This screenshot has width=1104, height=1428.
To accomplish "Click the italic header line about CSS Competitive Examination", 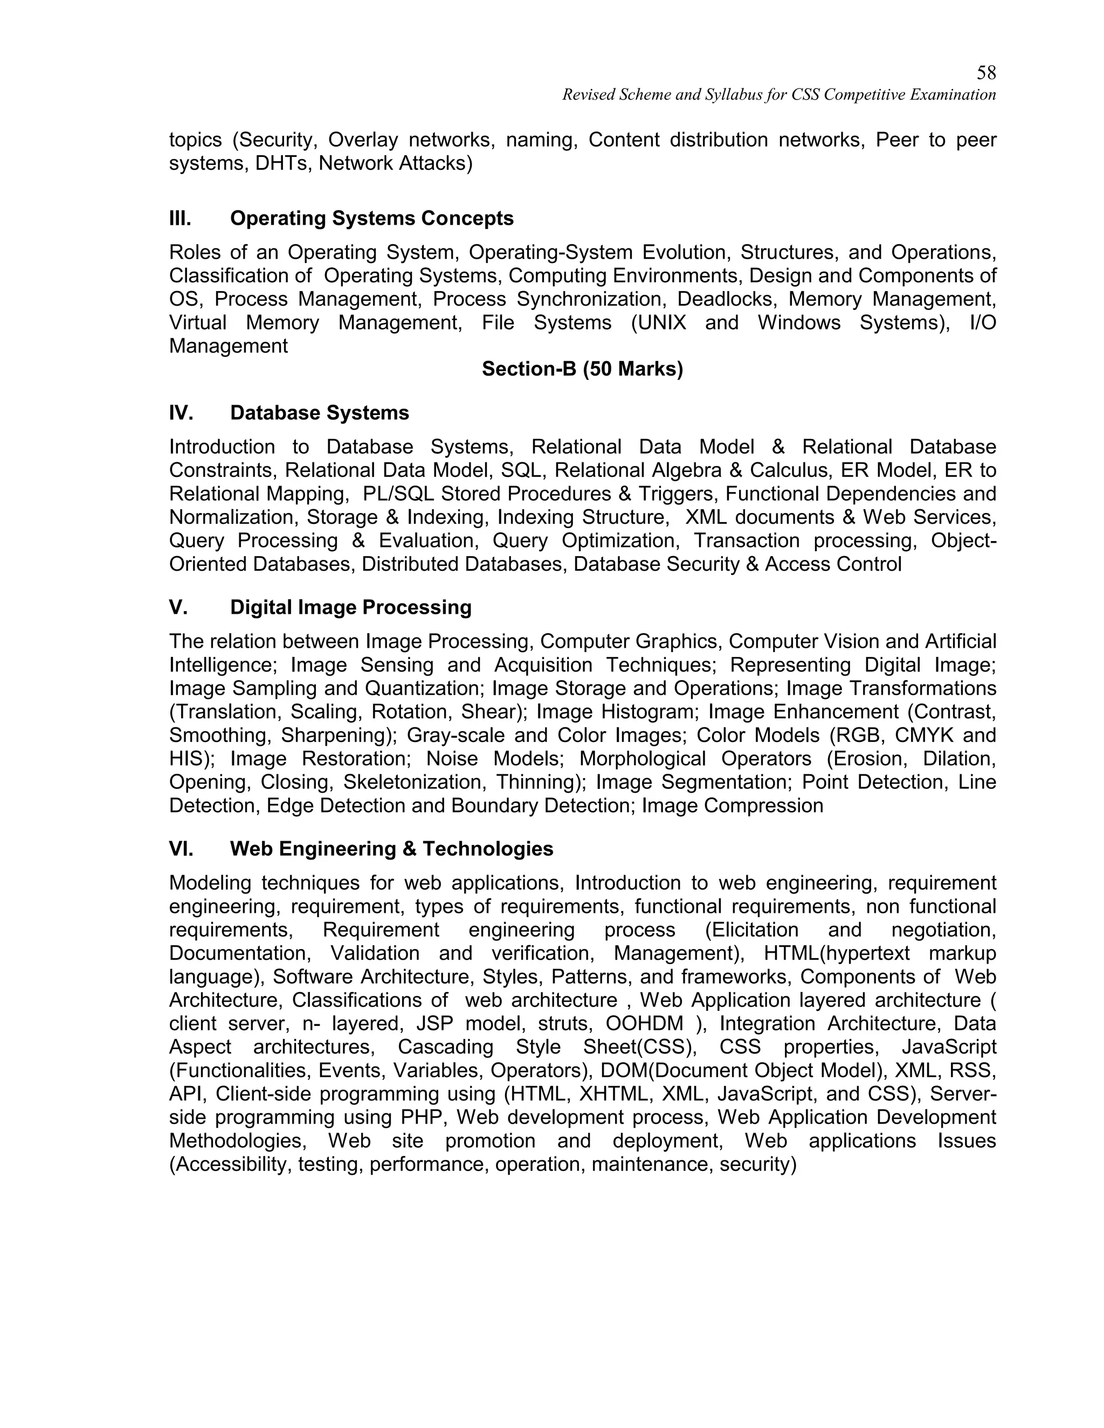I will pos(778,95).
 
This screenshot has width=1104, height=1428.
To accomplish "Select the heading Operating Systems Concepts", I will pos(371,218).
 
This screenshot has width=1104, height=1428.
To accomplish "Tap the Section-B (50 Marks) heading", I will pos(582,370).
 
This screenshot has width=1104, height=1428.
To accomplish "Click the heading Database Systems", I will pos(319,413).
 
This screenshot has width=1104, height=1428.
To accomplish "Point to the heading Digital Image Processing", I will pos(350,607).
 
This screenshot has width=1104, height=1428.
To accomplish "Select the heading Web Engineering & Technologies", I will pos(391,849).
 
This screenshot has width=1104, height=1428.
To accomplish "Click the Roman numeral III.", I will pos(180,218).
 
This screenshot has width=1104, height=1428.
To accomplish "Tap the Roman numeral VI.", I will pos(181,849).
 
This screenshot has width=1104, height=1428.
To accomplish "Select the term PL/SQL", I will pos(399,494).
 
